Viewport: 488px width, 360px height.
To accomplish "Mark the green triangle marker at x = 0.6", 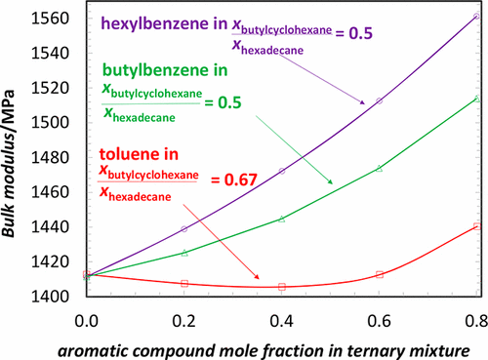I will [379, 168].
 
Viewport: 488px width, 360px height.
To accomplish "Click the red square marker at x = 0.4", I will [282, 287].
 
